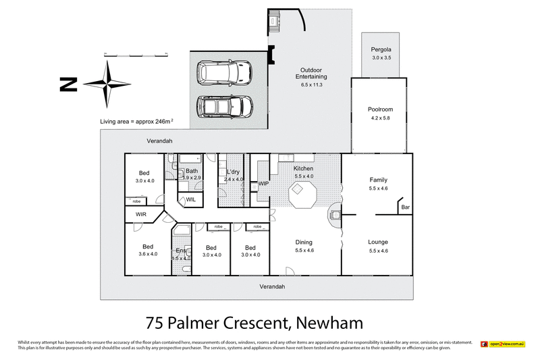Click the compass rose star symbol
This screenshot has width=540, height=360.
(x=107, y=84)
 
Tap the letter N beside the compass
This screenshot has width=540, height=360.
(x=67, y=84)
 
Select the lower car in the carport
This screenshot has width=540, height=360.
(x=225, y=107)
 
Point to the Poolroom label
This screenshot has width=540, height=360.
(x=380, y=109)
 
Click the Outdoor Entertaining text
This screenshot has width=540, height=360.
(x=311, y=74)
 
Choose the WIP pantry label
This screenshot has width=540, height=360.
(x=264, y=183)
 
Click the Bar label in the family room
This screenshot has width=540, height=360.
(x=405, y=208)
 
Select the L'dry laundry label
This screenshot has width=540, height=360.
(x=234, y=172)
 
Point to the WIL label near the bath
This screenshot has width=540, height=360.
(x=190, y=200)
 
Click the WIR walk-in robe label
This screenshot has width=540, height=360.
(x=140, y=214)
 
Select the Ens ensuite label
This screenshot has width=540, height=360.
(x=180, y=251)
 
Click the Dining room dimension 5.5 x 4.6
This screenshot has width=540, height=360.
(x=305, y=251)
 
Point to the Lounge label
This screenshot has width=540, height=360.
(x=377, y=242)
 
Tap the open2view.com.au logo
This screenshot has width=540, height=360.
(x=503, y=344)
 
